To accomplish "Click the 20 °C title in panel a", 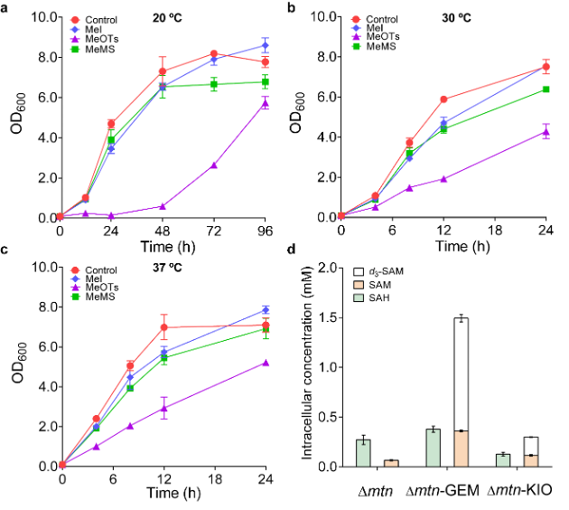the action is click(167, 18).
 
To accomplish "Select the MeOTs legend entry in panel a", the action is click(95, 39).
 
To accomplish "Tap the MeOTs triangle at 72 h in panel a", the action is click(214, 165).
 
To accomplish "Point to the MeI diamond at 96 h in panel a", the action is click(266, 46).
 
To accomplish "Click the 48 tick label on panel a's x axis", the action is click(163, 231).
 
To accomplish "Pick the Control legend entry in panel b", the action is click(375, 19).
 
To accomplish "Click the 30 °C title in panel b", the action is click(456, 18).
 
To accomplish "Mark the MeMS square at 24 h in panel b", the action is click(546, 90).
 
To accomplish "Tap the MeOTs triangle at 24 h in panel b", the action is click(546, 132).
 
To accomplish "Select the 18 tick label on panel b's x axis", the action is click(495, 231).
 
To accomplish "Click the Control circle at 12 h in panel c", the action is click(164, 327).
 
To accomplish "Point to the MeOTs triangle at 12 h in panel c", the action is click(164, 409).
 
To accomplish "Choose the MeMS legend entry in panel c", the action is click(94, 297).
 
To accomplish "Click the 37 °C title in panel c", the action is click(167, 268).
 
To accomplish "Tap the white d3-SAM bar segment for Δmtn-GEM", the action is click(462, 374).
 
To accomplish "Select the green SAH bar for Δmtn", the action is click(363, 453).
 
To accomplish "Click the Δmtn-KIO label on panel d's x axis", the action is click(519, 490).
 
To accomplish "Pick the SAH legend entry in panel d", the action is click(372, 298).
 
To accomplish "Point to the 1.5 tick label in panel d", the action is click(327, 317).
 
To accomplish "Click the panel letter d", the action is click(291, 250).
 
